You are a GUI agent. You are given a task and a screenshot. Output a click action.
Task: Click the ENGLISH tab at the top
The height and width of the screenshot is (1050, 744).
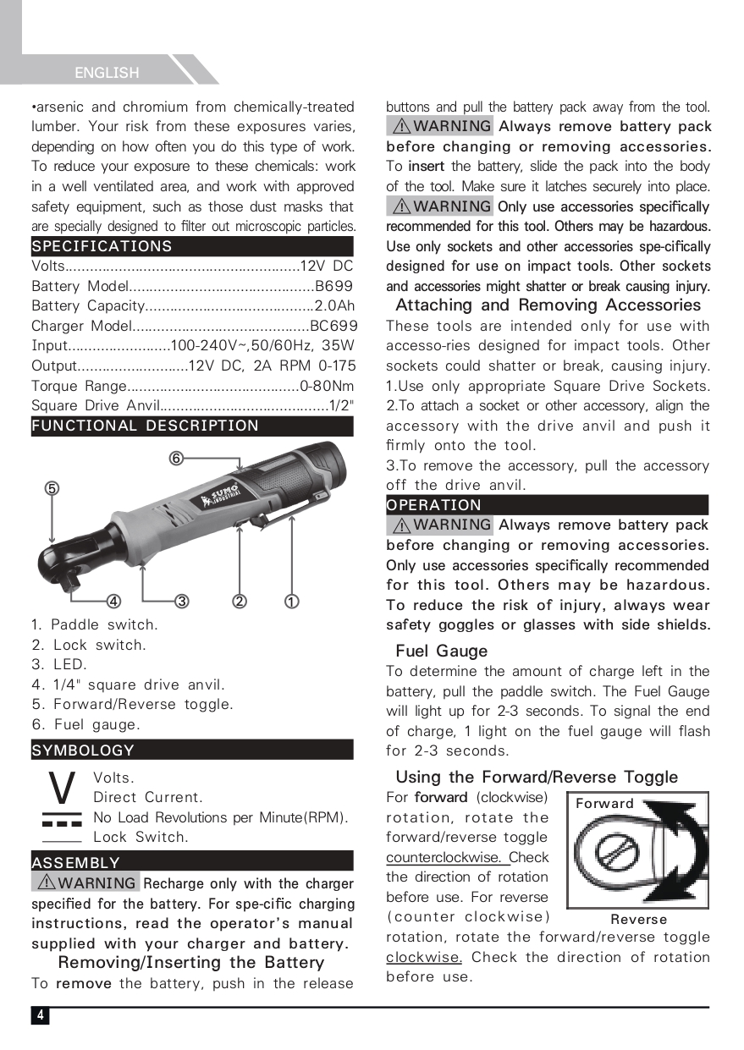point(107,73)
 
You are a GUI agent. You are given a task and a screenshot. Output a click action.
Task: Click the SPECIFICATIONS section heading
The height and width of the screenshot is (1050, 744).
point(102,246)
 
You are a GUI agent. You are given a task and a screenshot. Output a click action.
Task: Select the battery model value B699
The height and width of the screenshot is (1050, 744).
point(333,286)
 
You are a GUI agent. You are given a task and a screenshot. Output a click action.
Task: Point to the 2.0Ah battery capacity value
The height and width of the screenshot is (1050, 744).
point(334,305)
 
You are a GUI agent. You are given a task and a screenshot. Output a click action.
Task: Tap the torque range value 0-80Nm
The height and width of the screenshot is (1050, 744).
point(327,386)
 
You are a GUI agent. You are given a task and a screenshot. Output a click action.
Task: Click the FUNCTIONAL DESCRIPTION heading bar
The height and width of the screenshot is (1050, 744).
point(145,426)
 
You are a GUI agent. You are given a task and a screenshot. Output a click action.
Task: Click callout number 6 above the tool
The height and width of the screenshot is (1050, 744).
point(176,459)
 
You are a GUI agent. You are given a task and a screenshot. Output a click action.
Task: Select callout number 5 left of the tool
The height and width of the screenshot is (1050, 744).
point(52,488)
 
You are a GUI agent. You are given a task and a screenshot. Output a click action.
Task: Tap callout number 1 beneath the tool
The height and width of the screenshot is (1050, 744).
point(290,602)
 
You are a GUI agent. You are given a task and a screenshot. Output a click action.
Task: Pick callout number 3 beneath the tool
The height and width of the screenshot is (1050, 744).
point(181,602)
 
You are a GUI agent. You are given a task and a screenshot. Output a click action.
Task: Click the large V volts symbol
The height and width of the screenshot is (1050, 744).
point(62,789)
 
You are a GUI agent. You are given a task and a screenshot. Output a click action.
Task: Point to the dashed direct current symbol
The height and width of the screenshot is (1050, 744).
point(62,820)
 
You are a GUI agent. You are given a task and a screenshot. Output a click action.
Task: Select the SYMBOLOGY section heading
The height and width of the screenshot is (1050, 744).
point(83,750)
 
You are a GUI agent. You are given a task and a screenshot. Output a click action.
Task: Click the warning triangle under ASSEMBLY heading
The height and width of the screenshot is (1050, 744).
point(46,883)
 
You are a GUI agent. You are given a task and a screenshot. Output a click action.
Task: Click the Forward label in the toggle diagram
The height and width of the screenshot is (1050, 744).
point(604,804)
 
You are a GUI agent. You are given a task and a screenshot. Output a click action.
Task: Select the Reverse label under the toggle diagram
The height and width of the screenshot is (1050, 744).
point(639,919)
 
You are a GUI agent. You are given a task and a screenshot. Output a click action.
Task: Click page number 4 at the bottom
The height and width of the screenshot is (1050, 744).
point(40,1015)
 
